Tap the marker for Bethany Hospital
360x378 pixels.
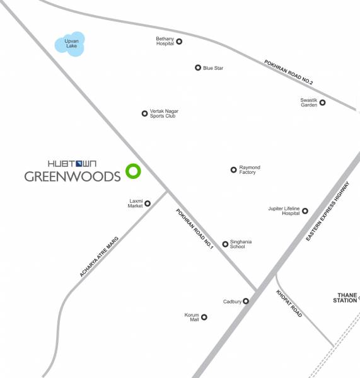pyautogui.click(x=179, y=42)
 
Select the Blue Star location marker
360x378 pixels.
pyautogui.click(x=198, y=68)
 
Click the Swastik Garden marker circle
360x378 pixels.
pyautogui.click(x=322, y=103)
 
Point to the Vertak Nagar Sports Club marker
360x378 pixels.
pyautogui.click(x=144, y=113)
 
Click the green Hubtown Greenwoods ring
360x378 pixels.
pyautogui.click(x=132, y=170)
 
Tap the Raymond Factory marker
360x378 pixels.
pyautogui.click(x=233, y=169)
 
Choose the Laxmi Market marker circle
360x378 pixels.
pyautogui.click(x=148, y=203)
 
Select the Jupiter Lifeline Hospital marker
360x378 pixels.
pyautogui.click(x=305, y=211)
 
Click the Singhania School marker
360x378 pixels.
pyautogui.click(x=225, y=244)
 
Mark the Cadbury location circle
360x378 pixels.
pyautogui.click(x=246, y=301)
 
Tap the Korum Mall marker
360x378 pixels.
pyautogui.click(x=204, y=318)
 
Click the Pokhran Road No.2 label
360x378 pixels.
pyautogui.click(x=288, y=72)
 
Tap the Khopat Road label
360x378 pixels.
pyautogui.click(x=289, y=304)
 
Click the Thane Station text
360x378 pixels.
pyautogui.click(x=346, y=297)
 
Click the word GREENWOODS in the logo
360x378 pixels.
pyautogui.click(x=72, y=176)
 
